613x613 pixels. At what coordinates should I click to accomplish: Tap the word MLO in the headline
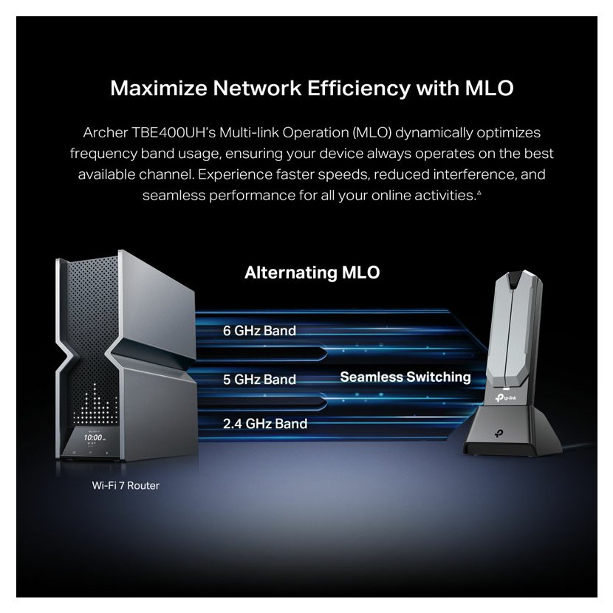pyautogui.click(x=480, y=89)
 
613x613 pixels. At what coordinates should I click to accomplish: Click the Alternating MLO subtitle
pyautogui.click(x=312, y=273)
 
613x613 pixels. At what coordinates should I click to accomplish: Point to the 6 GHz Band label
pyautogui.click(x=259, y=331)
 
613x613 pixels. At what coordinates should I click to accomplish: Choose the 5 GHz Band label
pyautogui.click(x=259, y=380)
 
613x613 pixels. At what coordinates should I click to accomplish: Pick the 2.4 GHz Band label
pyautogui.click(x=265, y=424)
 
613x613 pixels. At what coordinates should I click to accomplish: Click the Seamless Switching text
pyautogui.click(x=405, y=377)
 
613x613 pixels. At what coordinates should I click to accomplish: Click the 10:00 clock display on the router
pyautogui.click(x=92, y=438)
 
